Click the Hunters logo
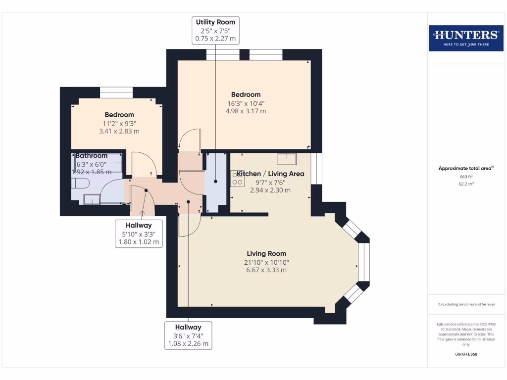[x=465, y=38]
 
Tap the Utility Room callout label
[x=215, y=30]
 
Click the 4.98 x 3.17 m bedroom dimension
[x=246, y=111]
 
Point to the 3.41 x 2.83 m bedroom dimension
[x=119, y=132]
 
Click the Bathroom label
[x=91, y=155]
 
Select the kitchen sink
[x=287, y=158]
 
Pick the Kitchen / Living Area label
[x=270, y=174]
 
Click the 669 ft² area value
[x=465, y=177]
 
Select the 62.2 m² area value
[x=465, y=184]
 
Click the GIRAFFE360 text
[x=465, y=354]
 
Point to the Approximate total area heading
[x=465, y=168]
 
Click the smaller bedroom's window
[x=116, y=93]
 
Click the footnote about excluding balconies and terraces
[x=465, y=304]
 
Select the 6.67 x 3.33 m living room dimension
[x=266, y=270]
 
